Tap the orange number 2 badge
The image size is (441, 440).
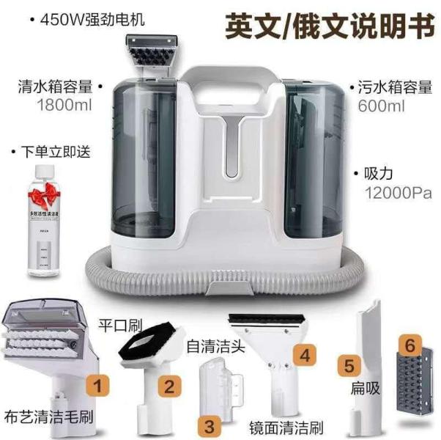pos(169,384)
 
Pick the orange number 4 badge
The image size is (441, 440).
pos(306,355)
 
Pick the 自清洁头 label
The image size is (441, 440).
pos(210,343)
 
